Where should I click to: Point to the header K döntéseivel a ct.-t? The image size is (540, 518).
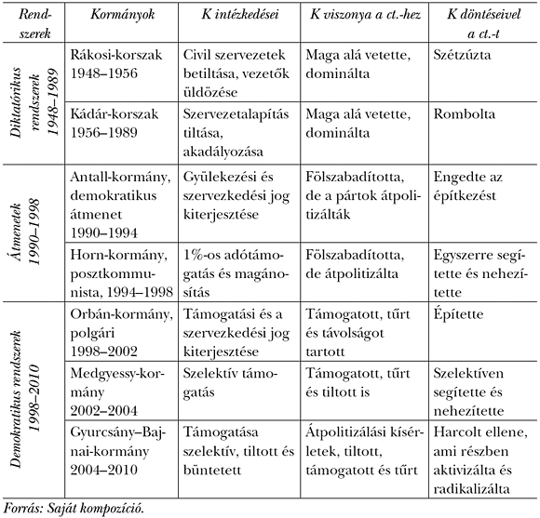pyautogui.click(x=479, y=20)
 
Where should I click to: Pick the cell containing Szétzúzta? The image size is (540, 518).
pyautogui.click(x=464, y=55)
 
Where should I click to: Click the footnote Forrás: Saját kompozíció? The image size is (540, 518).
pyautogui.click(x=74, y=507)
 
